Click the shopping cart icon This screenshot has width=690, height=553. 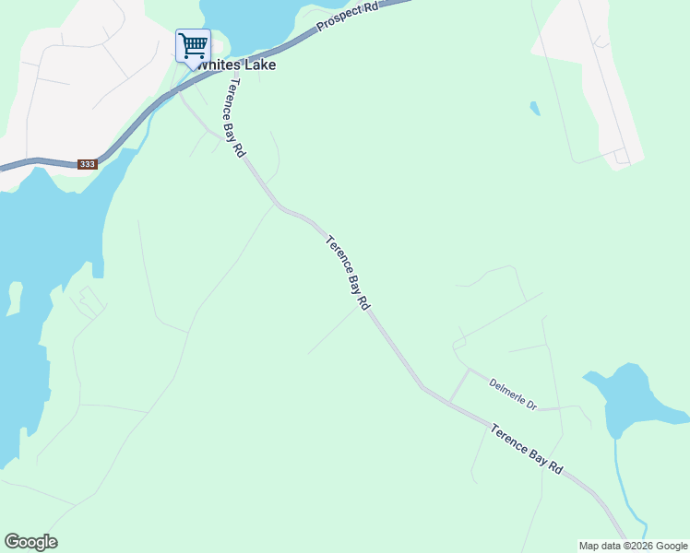point(193,45)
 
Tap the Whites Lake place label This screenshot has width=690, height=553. point(234,65)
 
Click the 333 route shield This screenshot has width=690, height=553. point(87,164)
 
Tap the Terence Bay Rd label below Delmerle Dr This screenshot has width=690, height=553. point(526,449)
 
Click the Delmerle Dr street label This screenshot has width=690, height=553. point(513,394)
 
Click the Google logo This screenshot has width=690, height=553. point(30,542)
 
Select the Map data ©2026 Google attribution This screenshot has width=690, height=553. point(633,546)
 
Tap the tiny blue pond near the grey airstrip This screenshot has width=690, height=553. point(535,109)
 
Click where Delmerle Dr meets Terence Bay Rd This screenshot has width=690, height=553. point(450,401)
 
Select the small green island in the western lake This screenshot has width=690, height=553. point(14,298)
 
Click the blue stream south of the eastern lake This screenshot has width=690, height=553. point(621,488)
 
